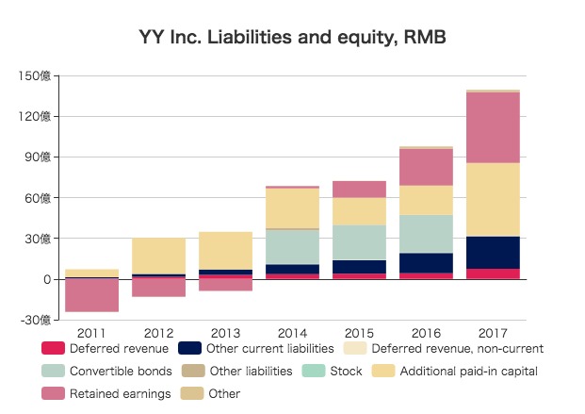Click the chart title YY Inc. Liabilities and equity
[x=291, y=39]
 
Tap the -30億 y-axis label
[x=36, y=321]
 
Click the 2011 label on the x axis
[x=91, y=333]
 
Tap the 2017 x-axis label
[x=494, y=333]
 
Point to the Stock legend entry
[x=343, y=372]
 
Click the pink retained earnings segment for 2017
[x=494, y=127]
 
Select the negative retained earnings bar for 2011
[x=91, y=295]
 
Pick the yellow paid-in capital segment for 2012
[x=158, y=256]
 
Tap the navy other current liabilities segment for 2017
[x=494, y=252]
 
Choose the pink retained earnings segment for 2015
[x=360, y=189]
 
